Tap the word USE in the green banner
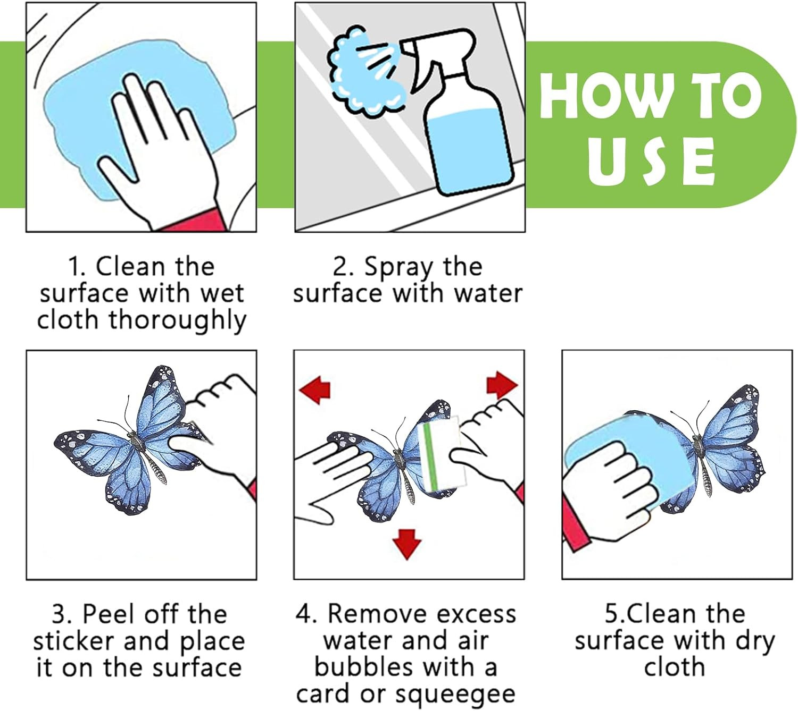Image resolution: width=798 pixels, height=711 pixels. [652, 162]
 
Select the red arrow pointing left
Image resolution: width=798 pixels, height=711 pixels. [315, 390]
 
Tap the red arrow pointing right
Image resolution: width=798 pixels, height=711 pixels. [502, 384]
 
